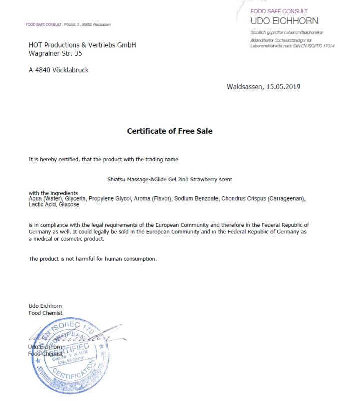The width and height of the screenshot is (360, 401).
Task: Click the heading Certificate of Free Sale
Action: (170, 131)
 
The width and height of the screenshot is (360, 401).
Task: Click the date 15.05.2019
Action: (283, 87)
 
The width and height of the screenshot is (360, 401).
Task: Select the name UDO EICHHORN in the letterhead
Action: (284, 21)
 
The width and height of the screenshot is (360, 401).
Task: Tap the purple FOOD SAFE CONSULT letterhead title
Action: (279, 11)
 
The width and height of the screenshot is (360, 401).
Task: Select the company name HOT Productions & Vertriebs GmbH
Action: (82, 45)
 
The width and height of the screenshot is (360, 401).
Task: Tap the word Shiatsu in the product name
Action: (117, 179)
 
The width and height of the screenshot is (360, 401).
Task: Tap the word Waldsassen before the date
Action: (245, 87)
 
